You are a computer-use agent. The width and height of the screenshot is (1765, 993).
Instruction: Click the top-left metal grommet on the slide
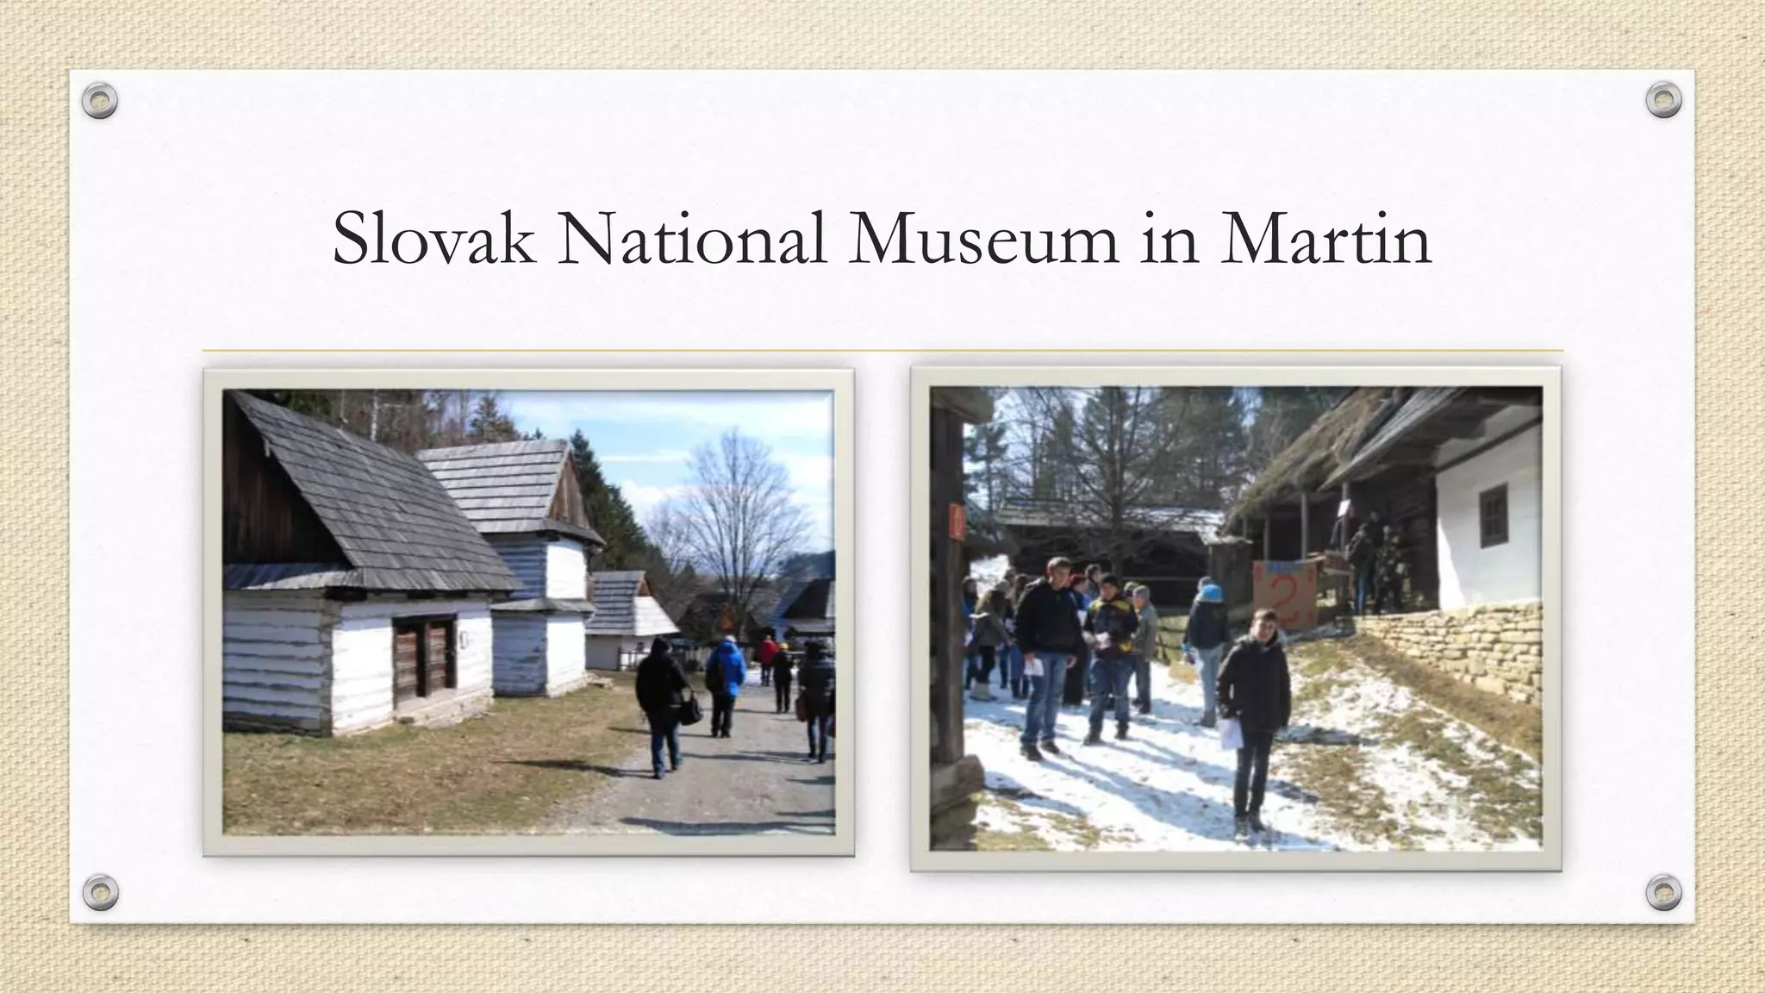[x=100, y=101]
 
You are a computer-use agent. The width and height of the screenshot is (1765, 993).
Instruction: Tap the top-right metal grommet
[x=1663, y=101]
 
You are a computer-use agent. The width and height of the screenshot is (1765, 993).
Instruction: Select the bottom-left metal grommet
[x=100, y=891]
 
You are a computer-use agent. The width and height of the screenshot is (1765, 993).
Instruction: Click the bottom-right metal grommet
[x=1663, y=891]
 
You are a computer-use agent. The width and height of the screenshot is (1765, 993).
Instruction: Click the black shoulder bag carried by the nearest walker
[x=690, y=709]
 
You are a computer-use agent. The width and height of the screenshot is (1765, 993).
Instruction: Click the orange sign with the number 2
[x=1285, y=594]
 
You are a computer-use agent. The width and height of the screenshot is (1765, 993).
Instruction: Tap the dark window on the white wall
[x=1494, y=515]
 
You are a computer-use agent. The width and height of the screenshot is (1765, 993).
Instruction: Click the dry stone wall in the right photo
[x=1456, y=655]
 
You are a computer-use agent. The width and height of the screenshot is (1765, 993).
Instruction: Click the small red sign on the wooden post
[x=957, y=522]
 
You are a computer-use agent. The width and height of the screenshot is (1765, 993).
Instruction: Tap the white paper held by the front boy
[x=1228, y=733]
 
